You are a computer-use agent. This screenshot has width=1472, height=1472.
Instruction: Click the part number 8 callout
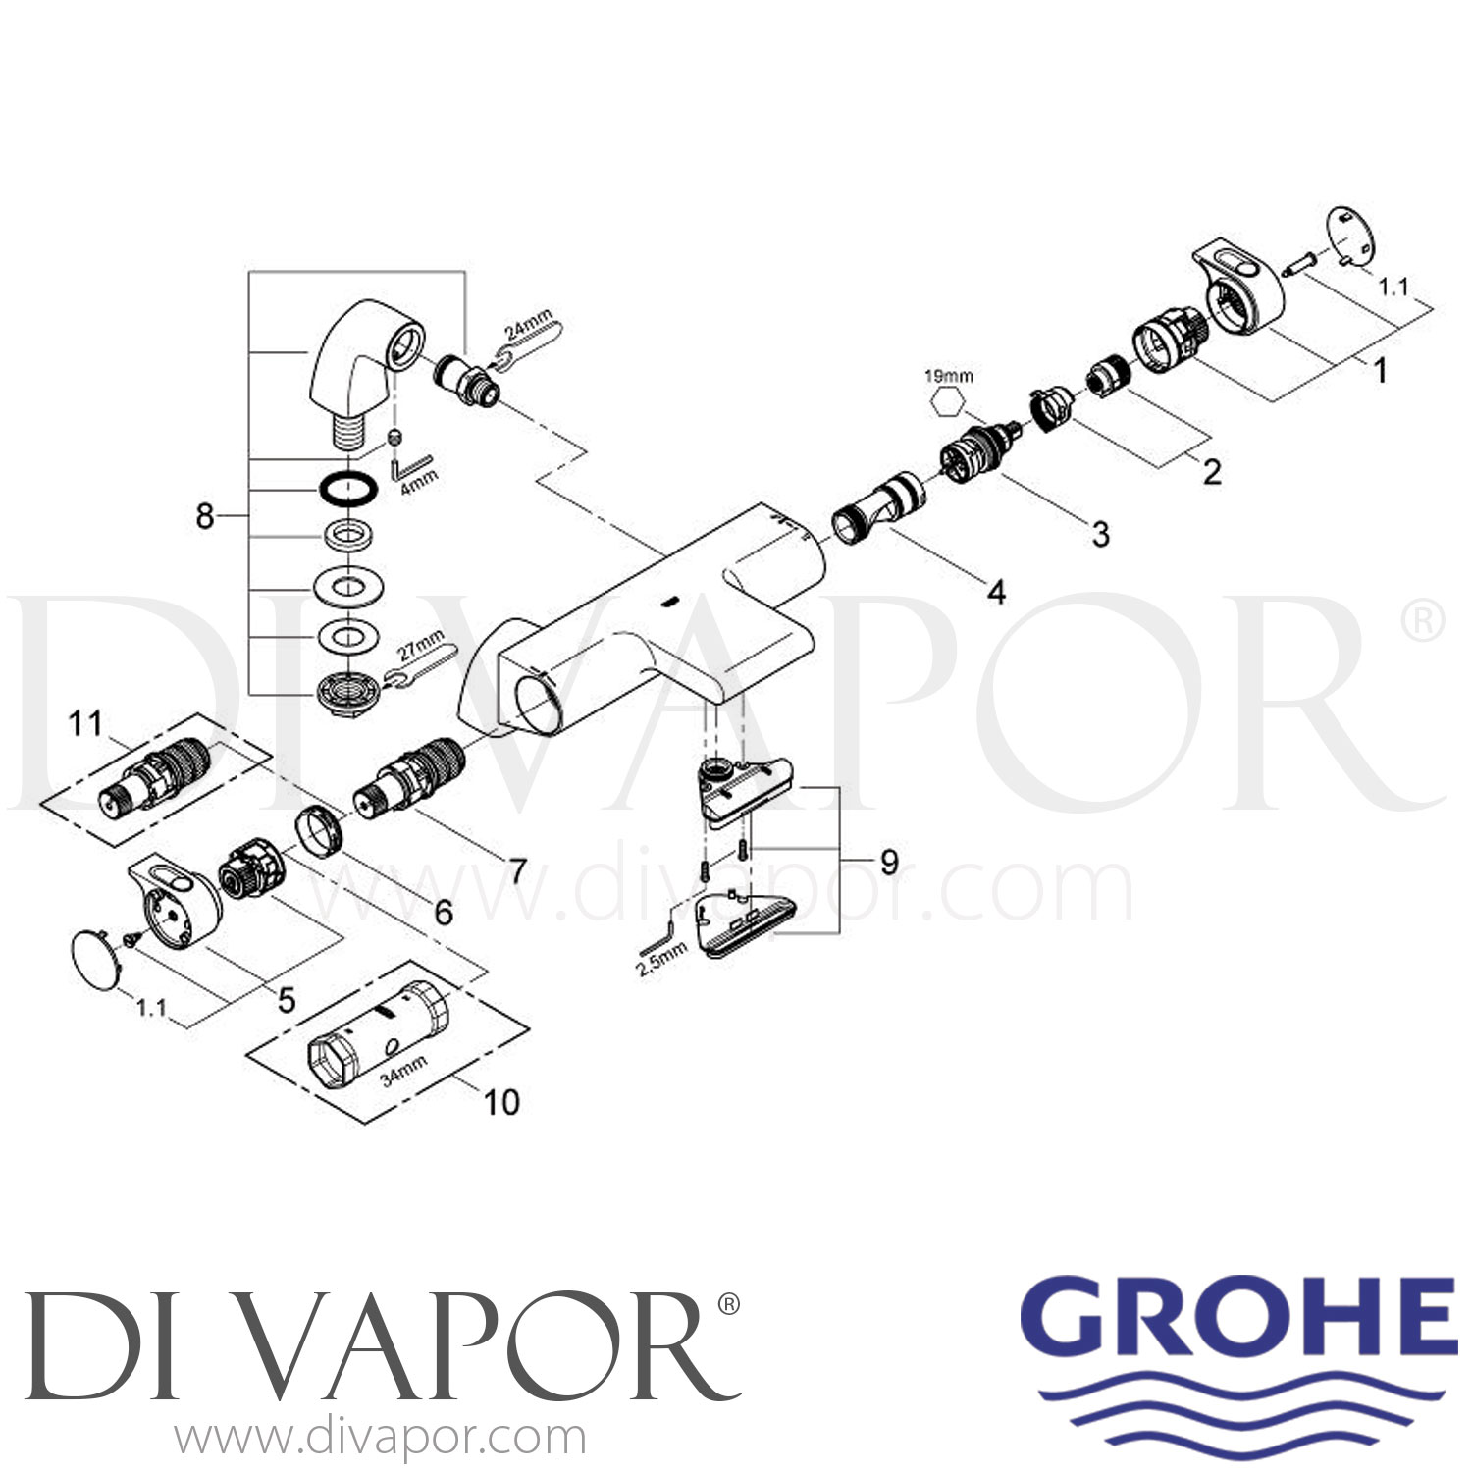204,515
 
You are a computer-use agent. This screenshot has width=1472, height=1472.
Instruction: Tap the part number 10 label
501,1102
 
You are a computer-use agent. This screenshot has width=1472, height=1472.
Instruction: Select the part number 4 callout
996,592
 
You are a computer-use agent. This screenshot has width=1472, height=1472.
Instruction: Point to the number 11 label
85,724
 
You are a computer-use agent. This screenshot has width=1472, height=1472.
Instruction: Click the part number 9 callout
889,862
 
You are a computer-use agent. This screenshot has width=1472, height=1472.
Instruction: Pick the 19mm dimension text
948,375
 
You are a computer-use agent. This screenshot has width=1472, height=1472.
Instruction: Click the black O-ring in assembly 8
348,488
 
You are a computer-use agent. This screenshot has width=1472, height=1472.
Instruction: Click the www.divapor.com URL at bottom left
380,1439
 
